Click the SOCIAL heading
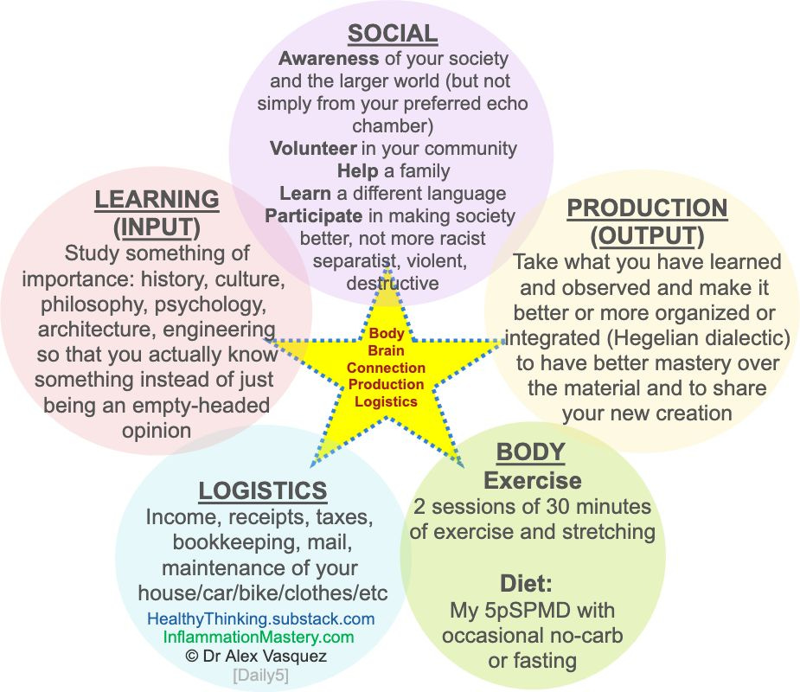(392, 34)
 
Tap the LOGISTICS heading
(263, 490)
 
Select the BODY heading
(530, 452)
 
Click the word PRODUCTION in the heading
(647, 208)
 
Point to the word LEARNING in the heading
(157, 199)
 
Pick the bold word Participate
(313, 215)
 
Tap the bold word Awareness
(328, 59)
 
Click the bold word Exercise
(532, 480)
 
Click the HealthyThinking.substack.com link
(260, 618)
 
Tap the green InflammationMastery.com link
(259, 637)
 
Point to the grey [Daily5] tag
(260, 675)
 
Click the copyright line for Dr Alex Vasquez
(256, 656)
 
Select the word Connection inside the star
(386, 368)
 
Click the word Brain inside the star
(386, 350)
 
